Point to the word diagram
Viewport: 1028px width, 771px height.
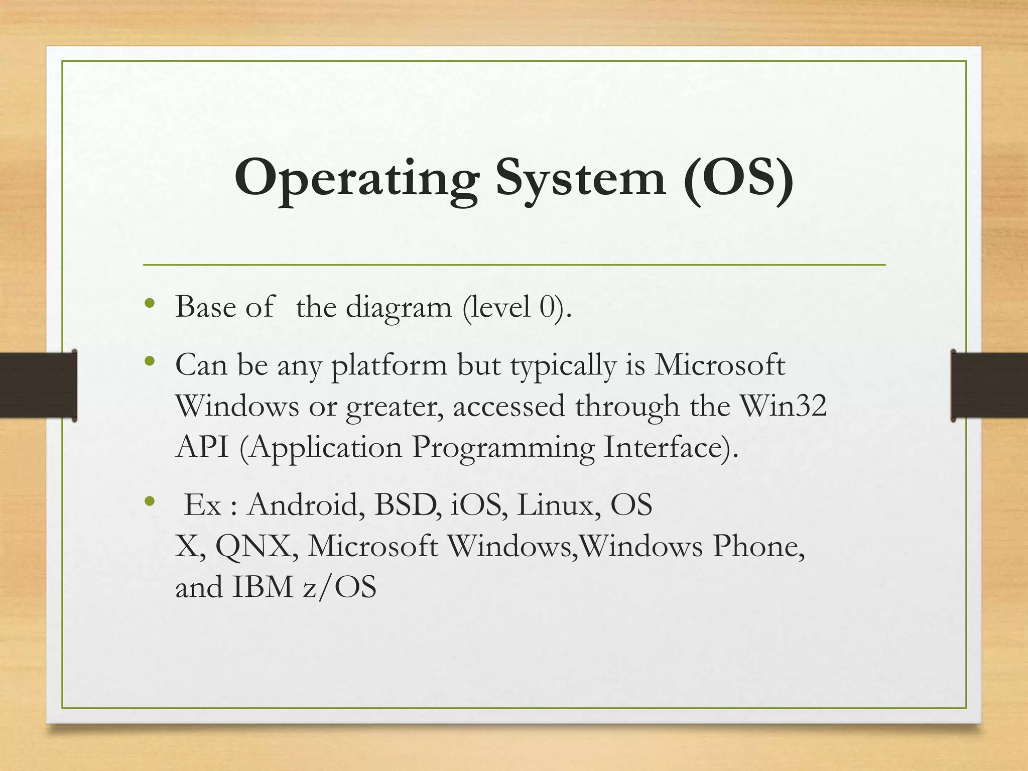(399, 307)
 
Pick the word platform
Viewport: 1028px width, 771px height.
(389, 365)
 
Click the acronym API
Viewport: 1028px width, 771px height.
(202, 447)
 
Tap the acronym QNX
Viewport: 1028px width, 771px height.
(253, 546)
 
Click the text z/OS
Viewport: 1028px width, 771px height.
(339, 587)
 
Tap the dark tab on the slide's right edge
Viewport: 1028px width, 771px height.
(989, 385)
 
